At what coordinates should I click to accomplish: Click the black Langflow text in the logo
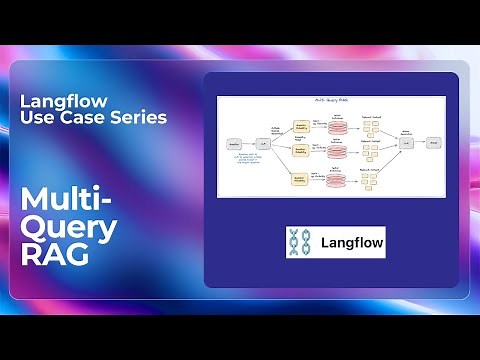pos(351,242)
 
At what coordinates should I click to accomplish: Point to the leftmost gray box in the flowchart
pos(234,145)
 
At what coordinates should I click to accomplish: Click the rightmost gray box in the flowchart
pos(432,144)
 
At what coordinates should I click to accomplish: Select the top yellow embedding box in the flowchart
pos(298,127)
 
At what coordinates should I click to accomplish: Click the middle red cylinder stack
pos(337,152)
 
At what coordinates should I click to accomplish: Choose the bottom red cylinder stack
pos(336,181)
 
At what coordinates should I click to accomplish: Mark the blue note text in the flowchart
pos(250,158)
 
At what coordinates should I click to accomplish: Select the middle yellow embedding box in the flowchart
pos(298,151)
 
